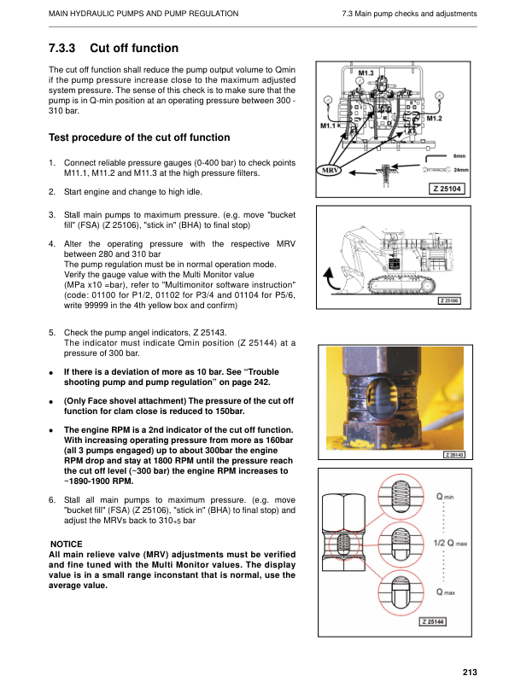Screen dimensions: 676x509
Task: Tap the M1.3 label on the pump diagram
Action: [365, 74]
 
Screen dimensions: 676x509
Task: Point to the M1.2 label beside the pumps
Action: [434, 119]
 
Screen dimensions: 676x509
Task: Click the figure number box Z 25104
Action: [448, 189]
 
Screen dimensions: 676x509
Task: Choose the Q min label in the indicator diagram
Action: [445, 496]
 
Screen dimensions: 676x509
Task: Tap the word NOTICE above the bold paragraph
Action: [67, 544]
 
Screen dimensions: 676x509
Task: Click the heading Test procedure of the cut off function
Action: [139, 137]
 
